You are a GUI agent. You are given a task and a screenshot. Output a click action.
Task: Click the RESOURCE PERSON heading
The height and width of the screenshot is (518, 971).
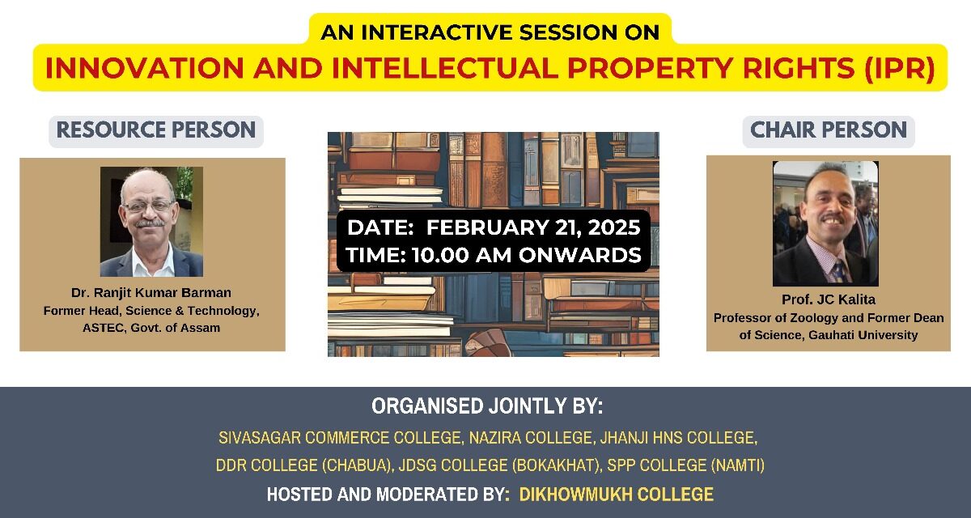(156, 130)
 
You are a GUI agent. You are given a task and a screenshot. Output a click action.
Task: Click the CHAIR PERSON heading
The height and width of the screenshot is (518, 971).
(829, 130)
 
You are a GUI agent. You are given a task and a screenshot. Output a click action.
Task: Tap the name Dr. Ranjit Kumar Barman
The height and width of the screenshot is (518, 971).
(151, 293)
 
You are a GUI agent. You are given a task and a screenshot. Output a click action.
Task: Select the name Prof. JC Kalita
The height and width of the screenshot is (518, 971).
(829, 299)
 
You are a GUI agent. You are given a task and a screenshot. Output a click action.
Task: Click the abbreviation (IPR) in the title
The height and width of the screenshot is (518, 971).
(900, 69)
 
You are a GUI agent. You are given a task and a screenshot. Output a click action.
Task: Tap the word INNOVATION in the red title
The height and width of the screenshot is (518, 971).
(144, 69)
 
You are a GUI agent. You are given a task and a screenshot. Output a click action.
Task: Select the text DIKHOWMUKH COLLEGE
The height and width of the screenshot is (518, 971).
(617, 495)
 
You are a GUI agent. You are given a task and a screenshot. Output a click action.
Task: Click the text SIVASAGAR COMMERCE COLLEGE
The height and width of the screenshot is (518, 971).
(339, 438)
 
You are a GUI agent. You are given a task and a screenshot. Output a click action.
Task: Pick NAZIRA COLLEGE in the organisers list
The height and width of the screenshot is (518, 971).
(531, 438)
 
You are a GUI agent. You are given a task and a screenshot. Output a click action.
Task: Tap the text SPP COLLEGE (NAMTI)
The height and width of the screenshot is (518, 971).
(685, 465)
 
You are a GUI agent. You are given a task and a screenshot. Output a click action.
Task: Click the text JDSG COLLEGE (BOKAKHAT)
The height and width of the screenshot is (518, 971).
(500, 465)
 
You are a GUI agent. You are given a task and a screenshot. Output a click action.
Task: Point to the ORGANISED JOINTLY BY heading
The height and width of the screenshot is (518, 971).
(487, 406)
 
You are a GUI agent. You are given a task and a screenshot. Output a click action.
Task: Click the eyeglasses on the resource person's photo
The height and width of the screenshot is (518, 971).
(148, 206)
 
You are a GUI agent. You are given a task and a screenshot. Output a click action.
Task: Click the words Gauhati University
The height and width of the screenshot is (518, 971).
(863, 335)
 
